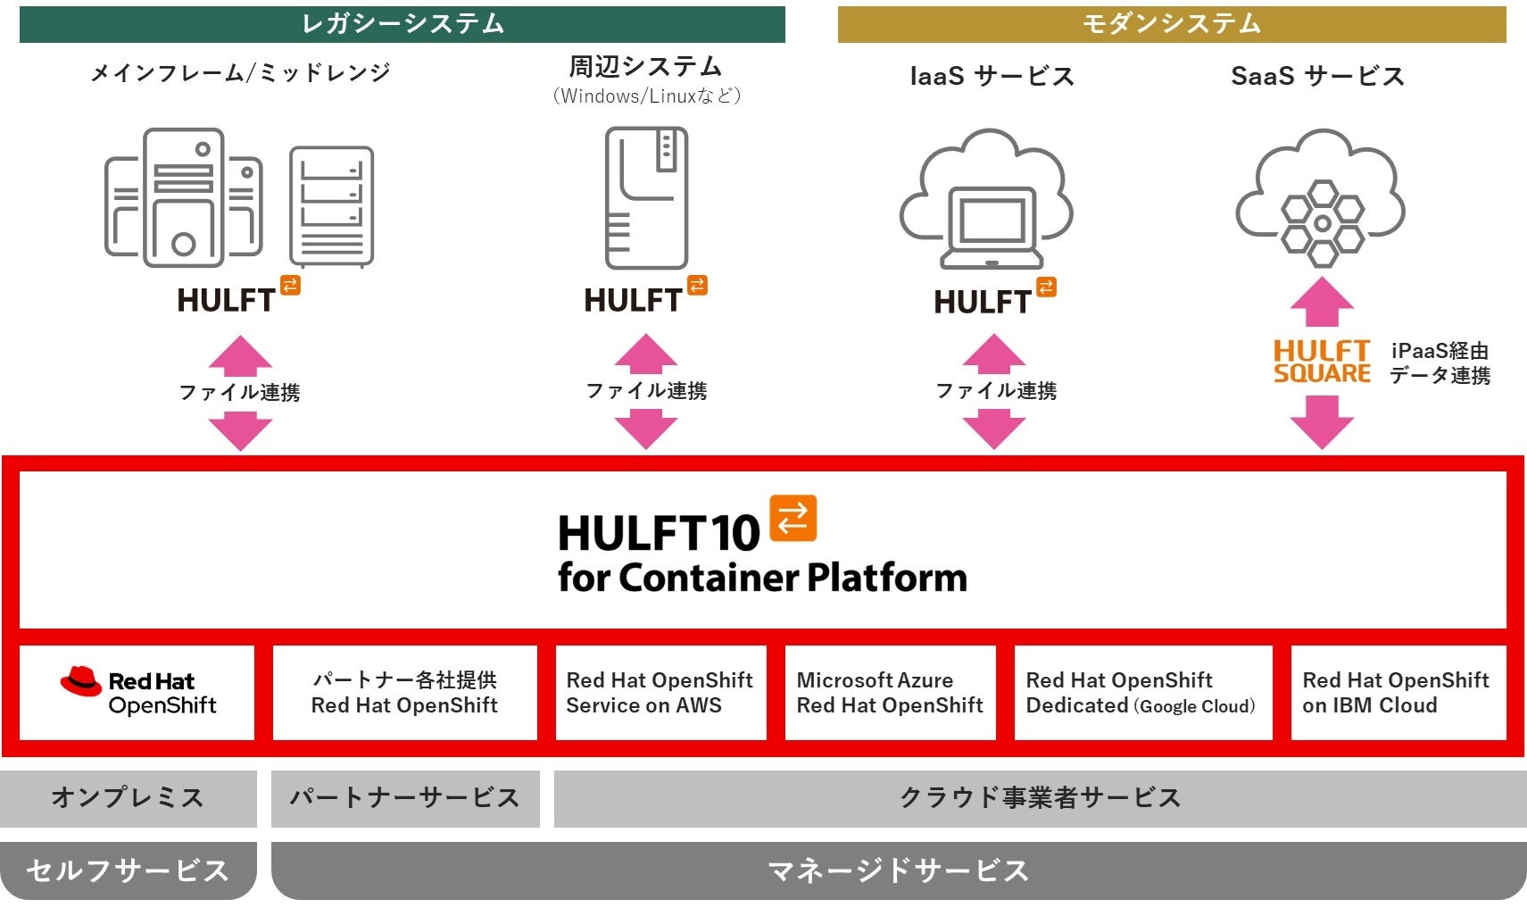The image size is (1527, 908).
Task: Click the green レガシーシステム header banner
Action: [x=402, y=24]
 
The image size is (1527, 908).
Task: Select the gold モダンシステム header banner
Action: [x=1171, y=24]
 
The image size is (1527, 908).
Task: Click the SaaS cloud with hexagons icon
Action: [x=1320, y=198]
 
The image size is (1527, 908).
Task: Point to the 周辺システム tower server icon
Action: [x=646, y=198]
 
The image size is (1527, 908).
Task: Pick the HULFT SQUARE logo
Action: [x=1321, y=362]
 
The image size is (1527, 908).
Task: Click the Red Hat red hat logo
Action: [x=80, y=681]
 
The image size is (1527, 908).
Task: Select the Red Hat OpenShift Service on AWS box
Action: [x=660, y=693]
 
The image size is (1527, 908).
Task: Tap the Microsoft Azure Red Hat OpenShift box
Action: [x=890, y=693]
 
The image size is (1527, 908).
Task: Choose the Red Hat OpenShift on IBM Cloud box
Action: [x=1398, y=693]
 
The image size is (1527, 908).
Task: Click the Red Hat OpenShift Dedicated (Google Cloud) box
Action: [x=1142, y=693]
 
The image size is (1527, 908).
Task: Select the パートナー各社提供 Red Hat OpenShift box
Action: [x=404, y=693]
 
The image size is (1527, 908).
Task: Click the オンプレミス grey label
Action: [x=128, y=797]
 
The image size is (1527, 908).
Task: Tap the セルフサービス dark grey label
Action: [x=128, y=870]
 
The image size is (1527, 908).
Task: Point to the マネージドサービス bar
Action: [x=898, y=870]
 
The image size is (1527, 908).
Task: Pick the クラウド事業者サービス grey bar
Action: [x=1040, y=797]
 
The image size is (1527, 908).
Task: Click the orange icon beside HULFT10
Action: [x=793, y=518]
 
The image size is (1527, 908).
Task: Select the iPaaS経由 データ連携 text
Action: [x=1440, y=362]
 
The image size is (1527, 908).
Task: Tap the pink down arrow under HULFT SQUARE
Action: [x=1322, y=421]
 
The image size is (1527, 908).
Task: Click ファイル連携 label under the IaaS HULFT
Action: [x=995, y=390]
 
